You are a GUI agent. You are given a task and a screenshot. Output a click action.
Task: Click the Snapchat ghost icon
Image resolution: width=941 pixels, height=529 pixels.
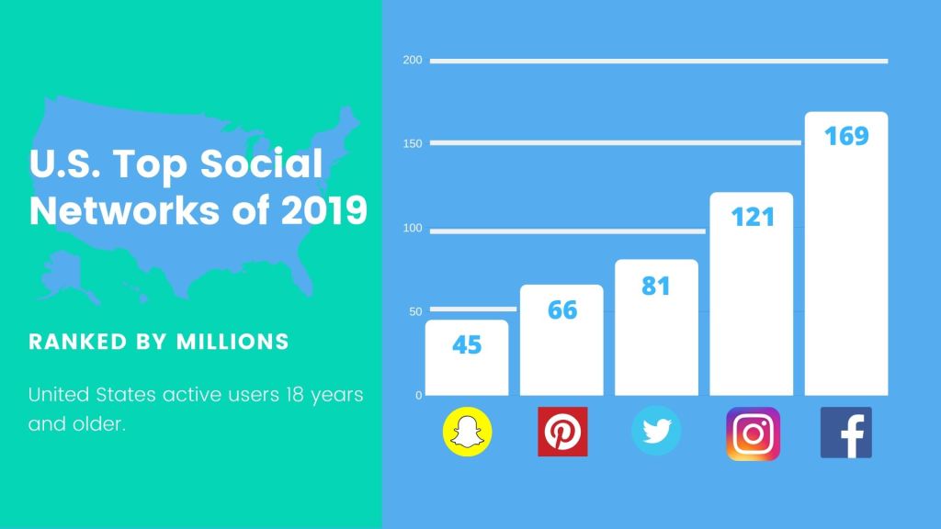pyautogui.click(x=467, y=432)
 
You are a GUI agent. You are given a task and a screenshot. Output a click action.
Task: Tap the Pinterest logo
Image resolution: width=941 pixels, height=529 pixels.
pyautogui.click(x=562, y=432)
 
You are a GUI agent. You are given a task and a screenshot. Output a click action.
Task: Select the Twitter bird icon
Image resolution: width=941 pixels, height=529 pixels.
pyautogui.click(x=656, y=431)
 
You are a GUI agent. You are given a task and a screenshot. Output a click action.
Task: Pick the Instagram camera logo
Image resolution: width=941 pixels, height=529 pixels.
pyautogui.click(x=753, y=433)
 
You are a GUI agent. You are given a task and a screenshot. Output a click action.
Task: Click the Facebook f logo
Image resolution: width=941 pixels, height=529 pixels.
pyautogui.click(x=846, y=433)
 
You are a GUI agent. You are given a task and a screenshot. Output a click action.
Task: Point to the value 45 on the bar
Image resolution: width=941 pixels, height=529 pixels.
pyautogui.click(x=467, y=345)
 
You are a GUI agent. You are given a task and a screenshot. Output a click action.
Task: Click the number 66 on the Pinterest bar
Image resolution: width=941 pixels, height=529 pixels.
pyautogui.click(x=562, y=310)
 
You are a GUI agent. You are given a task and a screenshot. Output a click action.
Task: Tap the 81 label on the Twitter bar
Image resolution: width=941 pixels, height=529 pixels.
pyautogui.click(x=656, y=287)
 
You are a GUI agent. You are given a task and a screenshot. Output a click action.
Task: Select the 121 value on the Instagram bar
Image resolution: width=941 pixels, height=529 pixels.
pyautogui.click(x=753, y=217)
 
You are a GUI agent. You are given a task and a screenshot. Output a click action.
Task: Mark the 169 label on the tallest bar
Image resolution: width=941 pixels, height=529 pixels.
pyautogui.click(x=846, y=136)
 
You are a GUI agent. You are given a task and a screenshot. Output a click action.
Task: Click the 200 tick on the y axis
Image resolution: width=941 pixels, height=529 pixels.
pyautogui.click(x=413, y=60)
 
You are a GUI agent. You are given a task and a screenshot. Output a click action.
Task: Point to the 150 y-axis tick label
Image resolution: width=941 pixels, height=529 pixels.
pyautogui.click(x=413, y=143)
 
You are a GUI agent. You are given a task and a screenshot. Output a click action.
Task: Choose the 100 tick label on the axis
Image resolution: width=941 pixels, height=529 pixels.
pyautogui.click(x=413, y=228)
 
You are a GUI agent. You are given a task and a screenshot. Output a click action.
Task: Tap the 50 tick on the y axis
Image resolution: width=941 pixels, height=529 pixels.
pyautogui.click(x=415, y=311)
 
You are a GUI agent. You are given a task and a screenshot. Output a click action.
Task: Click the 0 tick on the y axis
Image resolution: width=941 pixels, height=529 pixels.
pyautogui.click(x=419, y=395)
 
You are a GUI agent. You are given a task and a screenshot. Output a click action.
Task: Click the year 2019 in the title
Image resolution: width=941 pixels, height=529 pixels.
pyautogui.click(x=324, y=210)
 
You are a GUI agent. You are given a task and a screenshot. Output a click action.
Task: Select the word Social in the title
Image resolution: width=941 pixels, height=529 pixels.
pyautogui.click(x=261, y=163)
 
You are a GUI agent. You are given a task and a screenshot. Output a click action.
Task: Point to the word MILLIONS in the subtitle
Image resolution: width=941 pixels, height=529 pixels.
pyautogui.click(x=232, y=342)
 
